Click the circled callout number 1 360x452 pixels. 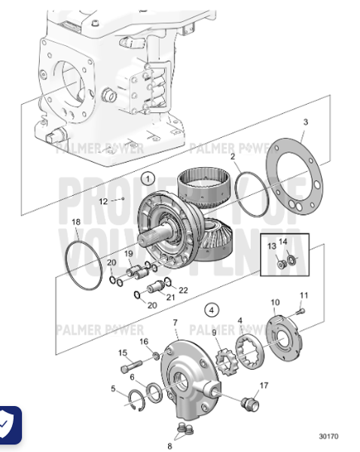click(x=148, y=179)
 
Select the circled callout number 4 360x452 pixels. click(x=212, y=310)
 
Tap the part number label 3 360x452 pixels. click(x=305, y=122)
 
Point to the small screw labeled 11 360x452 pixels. click(x=300, y=310)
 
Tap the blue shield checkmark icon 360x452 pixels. click(x=8, y=426)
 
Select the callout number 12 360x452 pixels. click(x=104, y=200)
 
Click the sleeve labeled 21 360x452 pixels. click(x=158, y=287)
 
